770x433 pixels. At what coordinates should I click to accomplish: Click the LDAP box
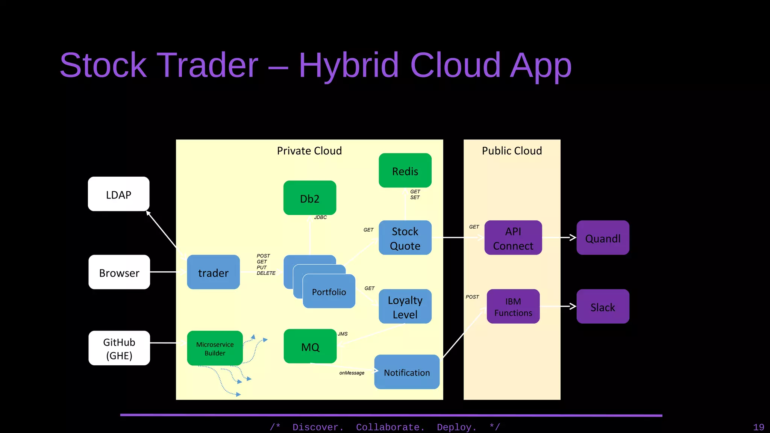coord(118,194)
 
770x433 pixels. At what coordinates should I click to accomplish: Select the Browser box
coord(119,272)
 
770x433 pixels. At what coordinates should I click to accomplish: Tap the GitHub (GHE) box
coord(119,348)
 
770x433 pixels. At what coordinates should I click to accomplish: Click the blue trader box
coord(213,272)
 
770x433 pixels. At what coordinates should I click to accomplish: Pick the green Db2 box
coord(310,198)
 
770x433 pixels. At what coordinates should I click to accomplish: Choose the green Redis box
coord(405,171)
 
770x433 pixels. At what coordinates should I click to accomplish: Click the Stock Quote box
coord(405,238)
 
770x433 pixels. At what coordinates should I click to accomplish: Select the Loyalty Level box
coord(405,307)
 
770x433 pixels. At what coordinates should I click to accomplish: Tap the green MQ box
coord(310,347)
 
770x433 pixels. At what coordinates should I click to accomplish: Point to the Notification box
coord(407,372)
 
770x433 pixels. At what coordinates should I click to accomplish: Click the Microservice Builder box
coord(215,348)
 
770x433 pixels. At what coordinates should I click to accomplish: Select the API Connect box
coord(513,238)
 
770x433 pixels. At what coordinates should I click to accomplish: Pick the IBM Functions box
coord(513,307)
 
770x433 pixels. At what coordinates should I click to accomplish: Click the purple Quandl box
coord(603,238)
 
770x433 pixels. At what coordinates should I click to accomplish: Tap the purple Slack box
coord(603,307)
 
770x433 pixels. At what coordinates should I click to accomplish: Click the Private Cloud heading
coord(309,151)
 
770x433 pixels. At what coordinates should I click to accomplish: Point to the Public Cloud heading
coord(512,151)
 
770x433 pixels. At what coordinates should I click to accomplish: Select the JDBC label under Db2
coord(320,217)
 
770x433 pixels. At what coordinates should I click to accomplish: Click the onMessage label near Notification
coord(352,373)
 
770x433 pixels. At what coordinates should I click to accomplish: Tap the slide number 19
coord(758,427)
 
